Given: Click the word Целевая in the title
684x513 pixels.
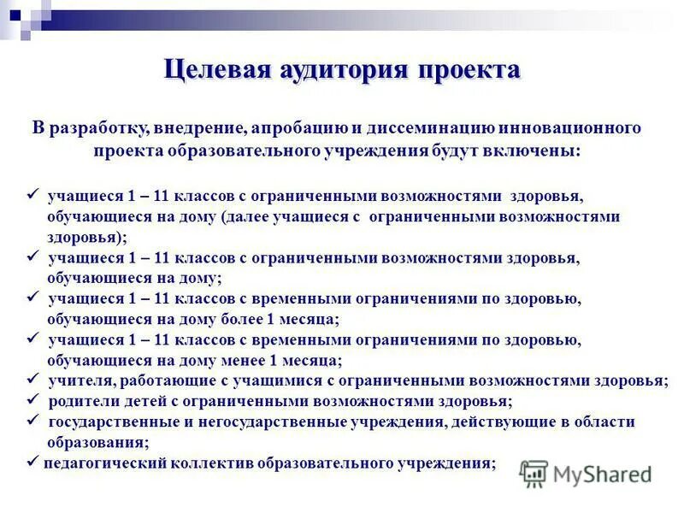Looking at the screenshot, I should coord(218,70).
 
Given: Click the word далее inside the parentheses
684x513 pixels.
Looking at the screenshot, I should coord(249,217).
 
